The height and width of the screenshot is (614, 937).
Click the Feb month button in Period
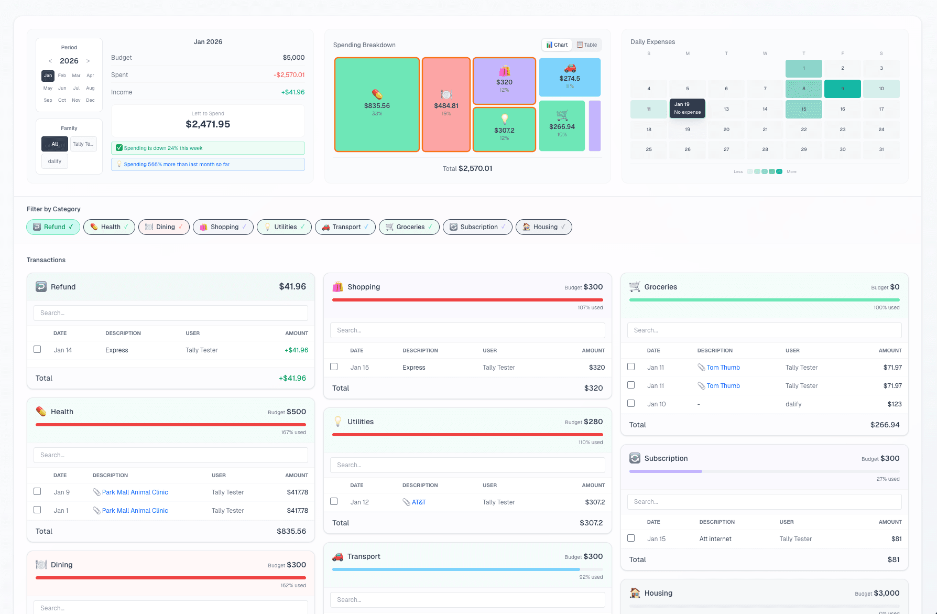coord(62,76)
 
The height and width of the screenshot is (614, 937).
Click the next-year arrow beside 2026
coord(88,61)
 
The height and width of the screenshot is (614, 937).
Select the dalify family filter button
coord(55,161)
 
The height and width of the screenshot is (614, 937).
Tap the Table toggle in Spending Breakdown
coord(587,45)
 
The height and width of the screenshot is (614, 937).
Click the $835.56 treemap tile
coord(377,104)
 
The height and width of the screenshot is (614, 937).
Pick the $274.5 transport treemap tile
coord(570,77)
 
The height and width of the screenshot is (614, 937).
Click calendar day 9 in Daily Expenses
coord(842,89)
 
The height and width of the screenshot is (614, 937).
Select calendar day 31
coord(881,149)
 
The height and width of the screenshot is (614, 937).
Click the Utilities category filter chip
coord(284,227)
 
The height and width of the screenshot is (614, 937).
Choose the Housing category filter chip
coord(543,227)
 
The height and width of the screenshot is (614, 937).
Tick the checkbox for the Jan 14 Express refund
coord(37,349)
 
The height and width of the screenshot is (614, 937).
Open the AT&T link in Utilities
coord(418,502)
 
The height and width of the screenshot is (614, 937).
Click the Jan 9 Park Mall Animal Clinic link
coord(135,492)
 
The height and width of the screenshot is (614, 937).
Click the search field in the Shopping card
coord(467,330)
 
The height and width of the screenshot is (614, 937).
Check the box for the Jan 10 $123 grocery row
coord(631,403)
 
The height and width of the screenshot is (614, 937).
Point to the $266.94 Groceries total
coord(884,425)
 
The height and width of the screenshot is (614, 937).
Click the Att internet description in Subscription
coord(715,539)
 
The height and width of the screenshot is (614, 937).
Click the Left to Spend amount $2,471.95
coord(208,124)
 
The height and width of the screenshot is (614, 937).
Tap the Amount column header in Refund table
coord(296,333)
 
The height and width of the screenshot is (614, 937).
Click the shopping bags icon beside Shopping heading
coord(338,287)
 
